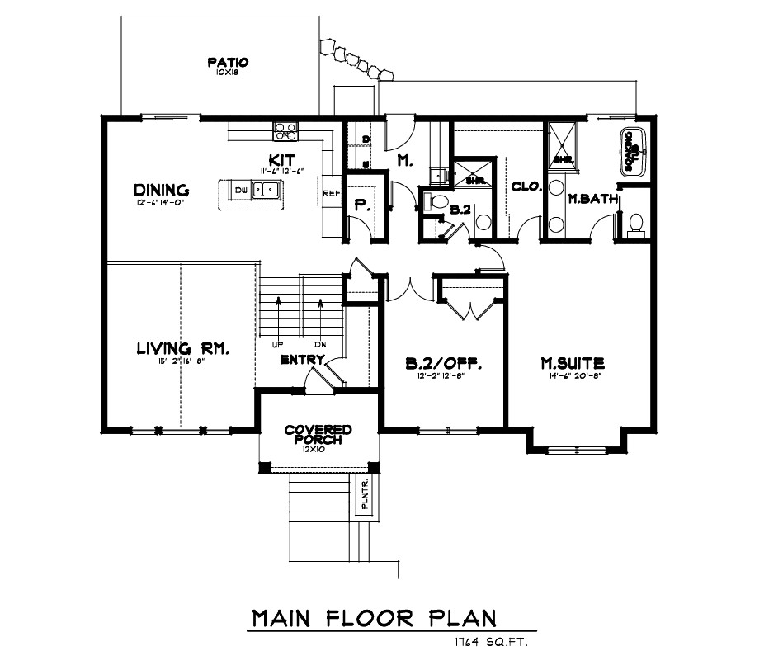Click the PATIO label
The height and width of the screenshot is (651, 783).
(228, 63)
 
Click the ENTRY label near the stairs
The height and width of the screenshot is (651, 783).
(301, 360)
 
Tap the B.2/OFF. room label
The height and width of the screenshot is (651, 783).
(443, 362)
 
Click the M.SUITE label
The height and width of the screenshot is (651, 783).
(572, 362)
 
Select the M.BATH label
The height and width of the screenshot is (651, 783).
(588, 198)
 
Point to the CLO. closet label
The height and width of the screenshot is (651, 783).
(526, 186)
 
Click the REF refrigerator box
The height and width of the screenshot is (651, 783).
(331, 194)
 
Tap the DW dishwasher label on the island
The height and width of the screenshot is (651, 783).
(240, 191)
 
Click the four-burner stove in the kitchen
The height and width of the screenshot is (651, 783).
(285, 130)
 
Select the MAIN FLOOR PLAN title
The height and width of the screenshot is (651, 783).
(375, 617)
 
